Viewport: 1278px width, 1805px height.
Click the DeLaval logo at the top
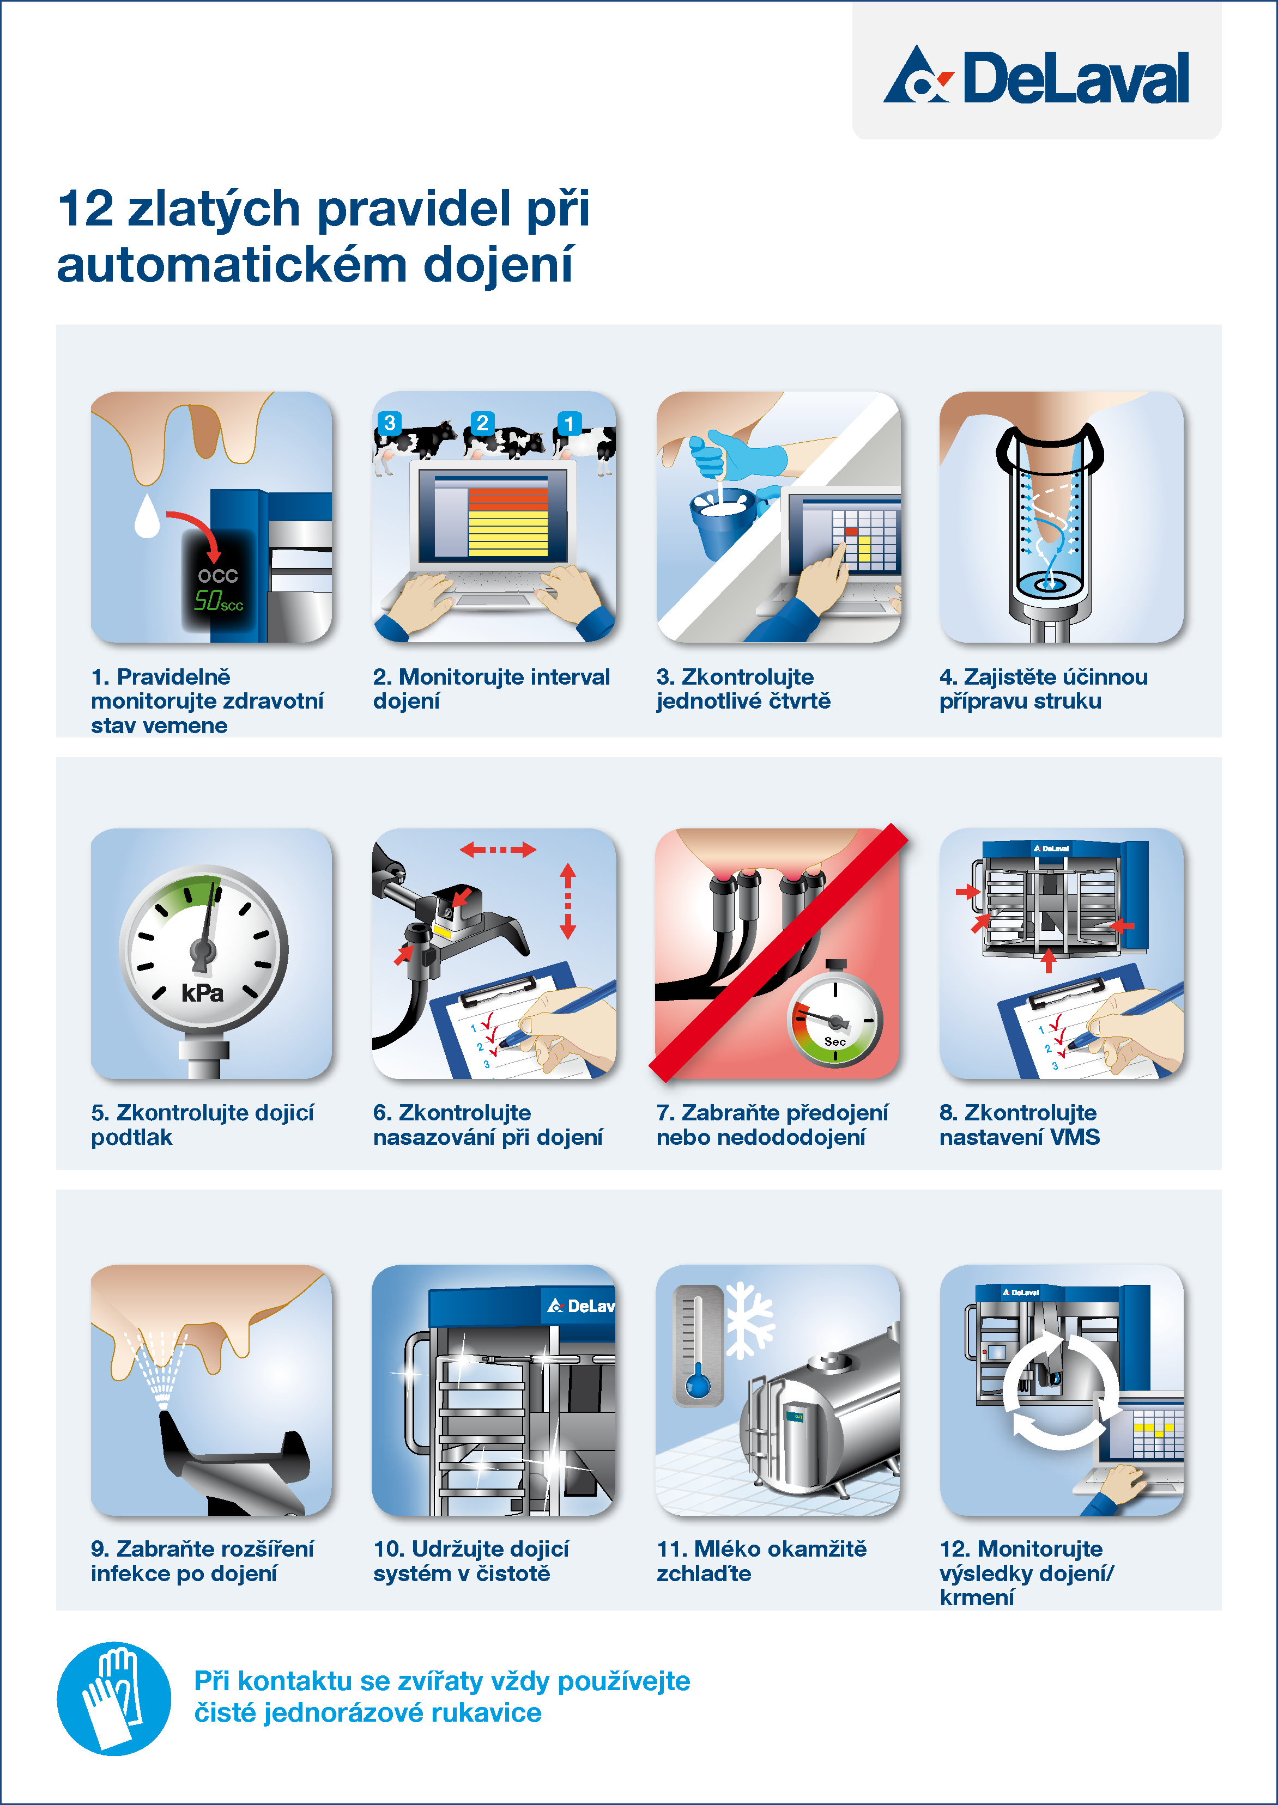click(x=1035, y=76)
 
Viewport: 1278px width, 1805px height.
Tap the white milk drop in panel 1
click(x=147, y=516)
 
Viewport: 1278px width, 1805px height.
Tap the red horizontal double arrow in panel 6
click(x=498, y=850)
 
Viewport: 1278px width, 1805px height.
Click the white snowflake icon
click(x=748, y=1320)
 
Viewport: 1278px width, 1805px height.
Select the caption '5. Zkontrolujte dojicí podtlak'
click(x=202, y=1125)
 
